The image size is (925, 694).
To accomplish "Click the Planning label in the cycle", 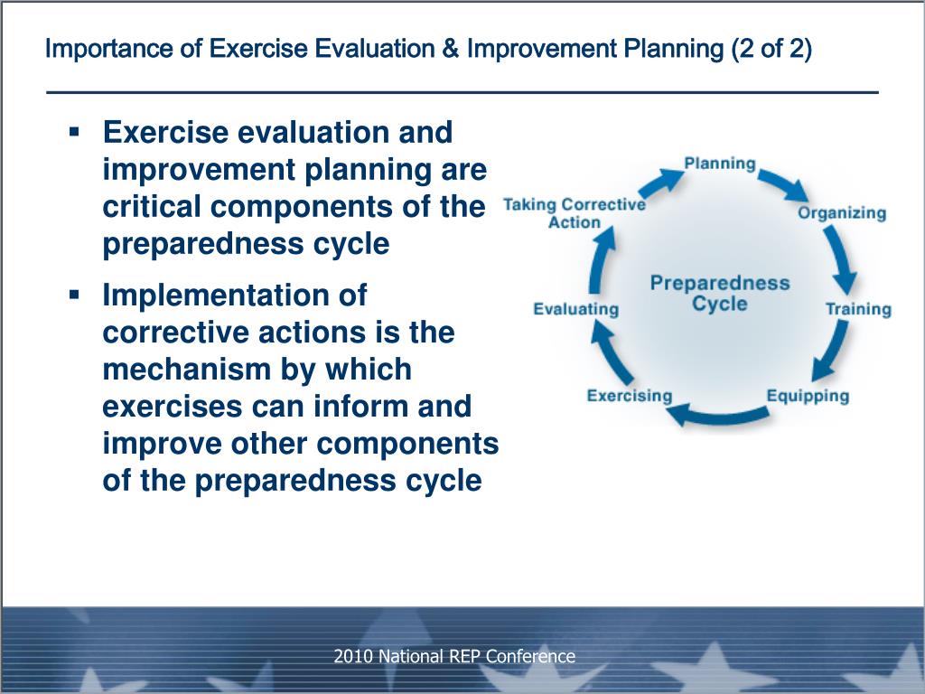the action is coord(720,164).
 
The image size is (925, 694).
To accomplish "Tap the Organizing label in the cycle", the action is coord(842,213).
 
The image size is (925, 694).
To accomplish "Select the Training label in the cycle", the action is coord(858,309).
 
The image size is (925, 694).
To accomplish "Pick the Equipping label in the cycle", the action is coord(808,396).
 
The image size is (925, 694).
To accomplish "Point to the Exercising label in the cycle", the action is coord(630,396).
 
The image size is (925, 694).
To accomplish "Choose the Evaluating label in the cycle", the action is coord(575,309).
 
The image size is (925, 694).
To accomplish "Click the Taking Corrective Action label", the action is coord(575,213).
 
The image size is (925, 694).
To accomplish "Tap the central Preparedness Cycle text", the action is coord(720,294).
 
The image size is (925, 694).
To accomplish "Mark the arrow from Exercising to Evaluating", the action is coord(610,354).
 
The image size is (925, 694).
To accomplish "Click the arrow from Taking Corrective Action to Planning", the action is coord(660,183).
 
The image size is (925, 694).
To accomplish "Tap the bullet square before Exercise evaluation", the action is coord(74,131).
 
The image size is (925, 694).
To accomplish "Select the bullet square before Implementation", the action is coord(74,294).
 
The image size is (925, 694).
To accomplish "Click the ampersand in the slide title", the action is coord(450,49).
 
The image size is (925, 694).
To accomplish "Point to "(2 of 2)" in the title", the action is coord(771,49).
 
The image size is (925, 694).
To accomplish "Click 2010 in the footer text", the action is coord(353,656).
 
